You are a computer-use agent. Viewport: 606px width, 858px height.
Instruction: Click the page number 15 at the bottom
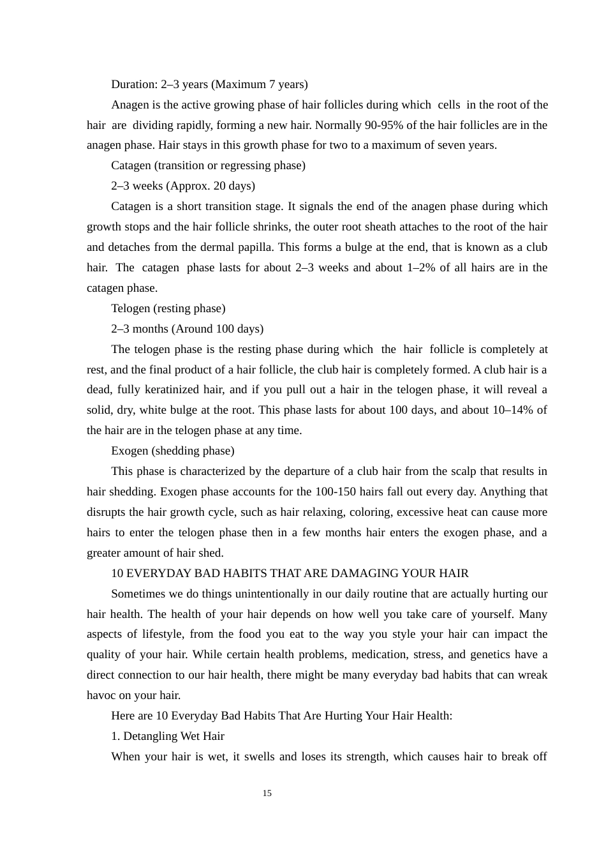click(x=267, y=793)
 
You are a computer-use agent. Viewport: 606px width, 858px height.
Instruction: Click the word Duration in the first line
click(x=134, y=84)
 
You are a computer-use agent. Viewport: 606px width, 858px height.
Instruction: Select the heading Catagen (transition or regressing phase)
click(x=208, y=165)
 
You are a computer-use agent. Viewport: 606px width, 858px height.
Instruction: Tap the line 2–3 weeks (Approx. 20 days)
click(x=182, y=186)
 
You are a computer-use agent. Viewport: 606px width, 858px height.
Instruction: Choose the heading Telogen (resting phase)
click(x=168, y=308)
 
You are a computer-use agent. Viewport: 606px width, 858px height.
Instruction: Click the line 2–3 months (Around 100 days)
click(x=187, y=329)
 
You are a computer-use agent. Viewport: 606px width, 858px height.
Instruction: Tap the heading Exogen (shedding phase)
click(x=172, y=451)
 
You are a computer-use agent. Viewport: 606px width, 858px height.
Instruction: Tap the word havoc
click(x=103, y=695)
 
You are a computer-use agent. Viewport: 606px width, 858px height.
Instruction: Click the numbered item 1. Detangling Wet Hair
click(x=167, y=736)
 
